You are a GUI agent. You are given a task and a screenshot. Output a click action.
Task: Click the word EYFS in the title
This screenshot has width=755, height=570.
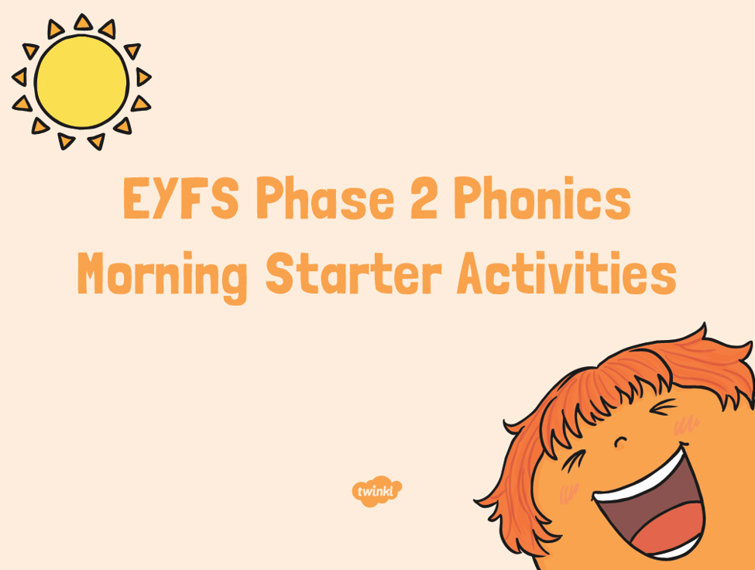181,198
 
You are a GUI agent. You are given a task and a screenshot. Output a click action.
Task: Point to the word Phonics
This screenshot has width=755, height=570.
542,197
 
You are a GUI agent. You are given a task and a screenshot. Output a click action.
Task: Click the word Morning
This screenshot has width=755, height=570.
163,276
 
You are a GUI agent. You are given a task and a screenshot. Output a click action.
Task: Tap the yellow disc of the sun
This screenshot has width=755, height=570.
81,82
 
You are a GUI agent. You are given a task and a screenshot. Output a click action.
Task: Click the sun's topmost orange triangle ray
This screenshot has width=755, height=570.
83,22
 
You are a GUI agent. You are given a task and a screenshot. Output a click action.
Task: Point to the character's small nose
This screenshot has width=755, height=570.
620,441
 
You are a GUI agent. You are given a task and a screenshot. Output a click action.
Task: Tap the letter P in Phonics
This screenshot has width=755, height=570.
467,197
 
